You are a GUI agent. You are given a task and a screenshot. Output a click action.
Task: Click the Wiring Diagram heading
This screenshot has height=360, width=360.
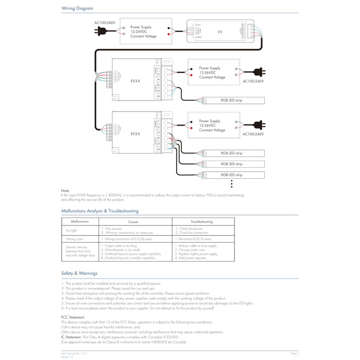[77, 8]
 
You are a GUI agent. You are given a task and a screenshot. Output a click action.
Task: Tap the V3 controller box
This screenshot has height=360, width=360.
[220, 31]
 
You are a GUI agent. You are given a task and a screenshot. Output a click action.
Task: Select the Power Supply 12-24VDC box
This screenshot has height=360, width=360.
[144, 31]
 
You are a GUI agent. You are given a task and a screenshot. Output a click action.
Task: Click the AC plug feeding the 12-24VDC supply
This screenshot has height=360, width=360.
[100, 31]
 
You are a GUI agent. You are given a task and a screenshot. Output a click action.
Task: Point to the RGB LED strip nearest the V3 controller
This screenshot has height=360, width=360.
[231, 100]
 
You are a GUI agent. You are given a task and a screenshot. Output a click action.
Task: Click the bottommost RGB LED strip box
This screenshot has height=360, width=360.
[231, 175]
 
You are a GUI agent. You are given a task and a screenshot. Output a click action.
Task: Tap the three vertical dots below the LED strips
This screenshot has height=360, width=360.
[231, 183]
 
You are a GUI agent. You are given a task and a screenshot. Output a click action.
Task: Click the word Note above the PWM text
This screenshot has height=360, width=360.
[66, 191]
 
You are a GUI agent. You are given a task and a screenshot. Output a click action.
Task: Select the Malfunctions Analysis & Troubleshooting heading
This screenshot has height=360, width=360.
[100, 211]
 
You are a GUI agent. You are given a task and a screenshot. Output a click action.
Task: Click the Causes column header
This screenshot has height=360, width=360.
[133, 222]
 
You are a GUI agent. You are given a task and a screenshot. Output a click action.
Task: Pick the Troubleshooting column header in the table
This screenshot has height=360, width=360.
[202, 222]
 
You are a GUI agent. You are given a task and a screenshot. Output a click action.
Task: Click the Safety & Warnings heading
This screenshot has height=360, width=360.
[79, 273]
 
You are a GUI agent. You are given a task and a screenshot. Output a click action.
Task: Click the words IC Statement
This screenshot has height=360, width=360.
[72, 337]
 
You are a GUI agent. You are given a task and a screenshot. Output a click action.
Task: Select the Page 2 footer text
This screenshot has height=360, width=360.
[294, 353]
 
